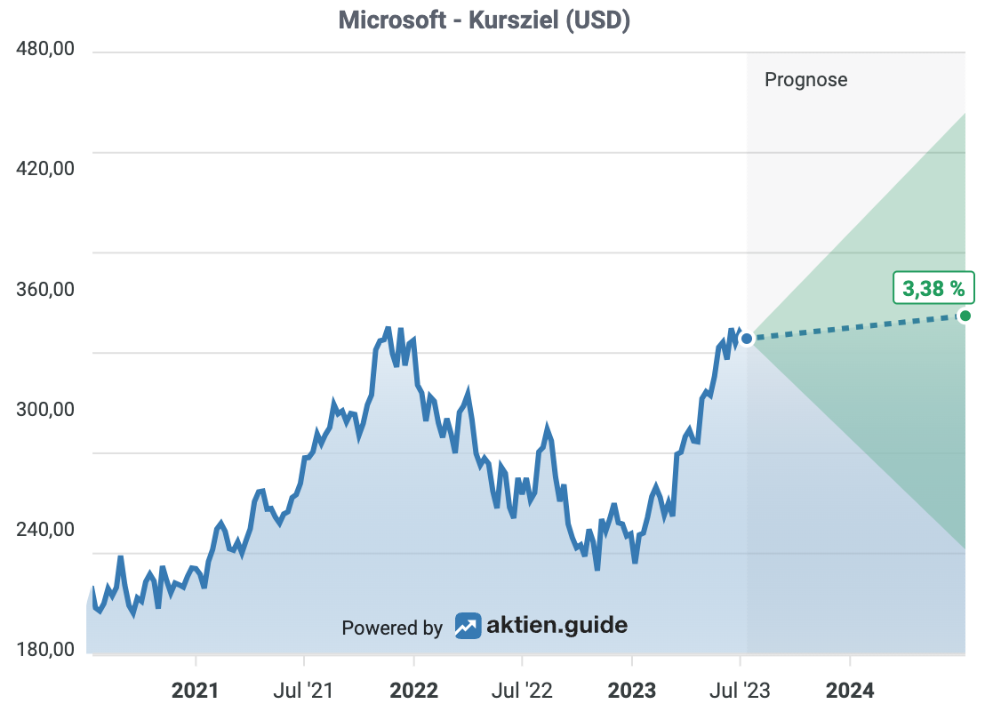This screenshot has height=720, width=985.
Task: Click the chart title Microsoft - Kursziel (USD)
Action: (484, 20)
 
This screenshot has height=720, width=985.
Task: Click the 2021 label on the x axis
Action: (196, 690)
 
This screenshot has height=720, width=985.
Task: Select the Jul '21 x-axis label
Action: (304, 690)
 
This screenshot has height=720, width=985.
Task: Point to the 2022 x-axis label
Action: (413, 690)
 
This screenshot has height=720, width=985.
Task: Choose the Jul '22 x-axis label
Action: (522, 690)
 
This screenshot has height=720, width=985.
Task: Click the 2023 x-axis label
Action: (631, 690)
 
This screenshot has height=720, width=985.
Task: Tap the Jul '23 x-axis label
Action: (740, 690)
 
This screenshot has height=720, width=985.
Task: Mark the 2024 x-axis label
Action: (850, 690)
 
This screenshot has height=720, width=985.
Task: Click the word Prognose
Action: (805, 80)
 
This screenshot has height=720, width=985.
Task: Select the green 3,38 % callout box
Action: (933, 288)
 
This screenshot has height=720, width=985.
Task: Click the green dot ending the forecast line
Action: (965, 316)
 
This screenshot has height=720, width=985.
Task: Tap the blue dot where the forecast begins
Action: (747, 339)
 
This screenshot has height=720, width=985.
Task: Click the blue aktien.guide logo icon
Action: (468, 626)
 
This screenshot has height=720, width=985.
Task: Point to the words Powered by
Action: (392, 628)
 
